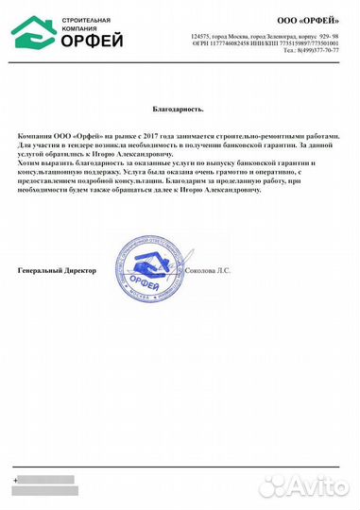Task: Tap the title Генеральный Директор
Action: coord(58,270)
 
